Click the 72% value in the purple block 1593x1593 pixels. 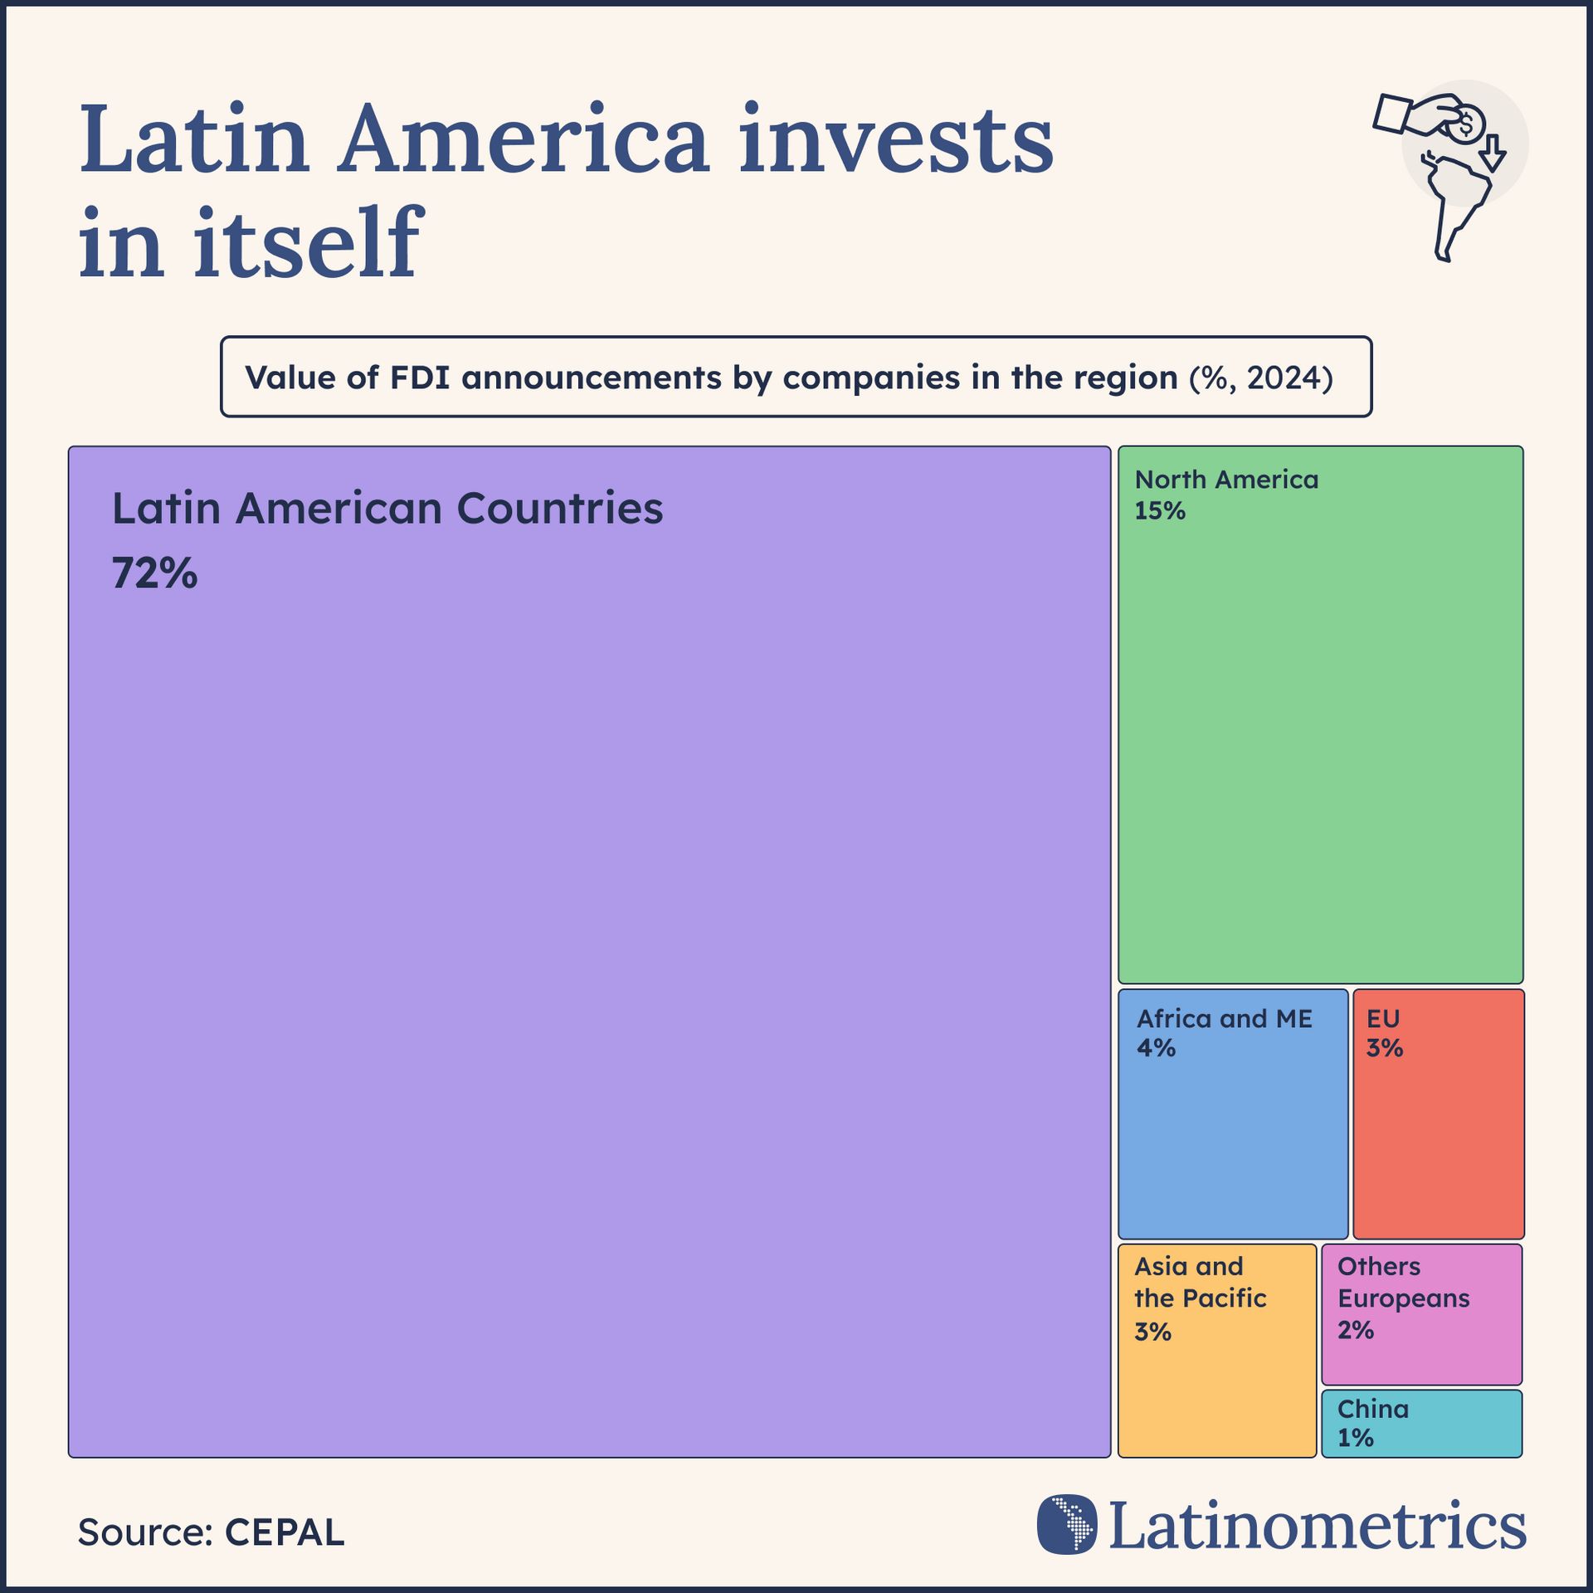[154, 573]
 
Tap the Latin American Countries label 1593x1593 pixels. [387, 509]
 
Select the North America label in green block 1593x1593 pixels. [1226, 480]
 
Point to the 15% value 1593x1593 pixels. [1160, 511]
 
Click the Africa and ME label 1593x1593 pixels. [1225, 1019]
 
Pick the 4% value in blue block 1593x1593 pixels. [1156, 1048]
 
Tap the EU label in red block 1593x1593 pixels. [1383, 1019]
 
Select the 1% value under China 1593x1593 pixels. [1356, 1438]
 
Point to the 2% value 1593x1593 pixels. [1356, 1330]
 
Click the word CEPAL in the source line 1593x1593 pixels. [284, 1532]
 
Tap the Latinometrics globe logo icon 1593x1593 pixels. [1067, 1524]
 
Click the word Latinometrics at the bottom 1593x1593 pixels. [1318, 1526]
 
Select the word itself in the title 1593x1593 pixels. [307, 242]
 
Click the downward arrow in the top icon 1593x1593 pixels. [1493, 154]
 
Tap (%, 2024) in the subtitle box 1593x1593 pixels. [1261, 378]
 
